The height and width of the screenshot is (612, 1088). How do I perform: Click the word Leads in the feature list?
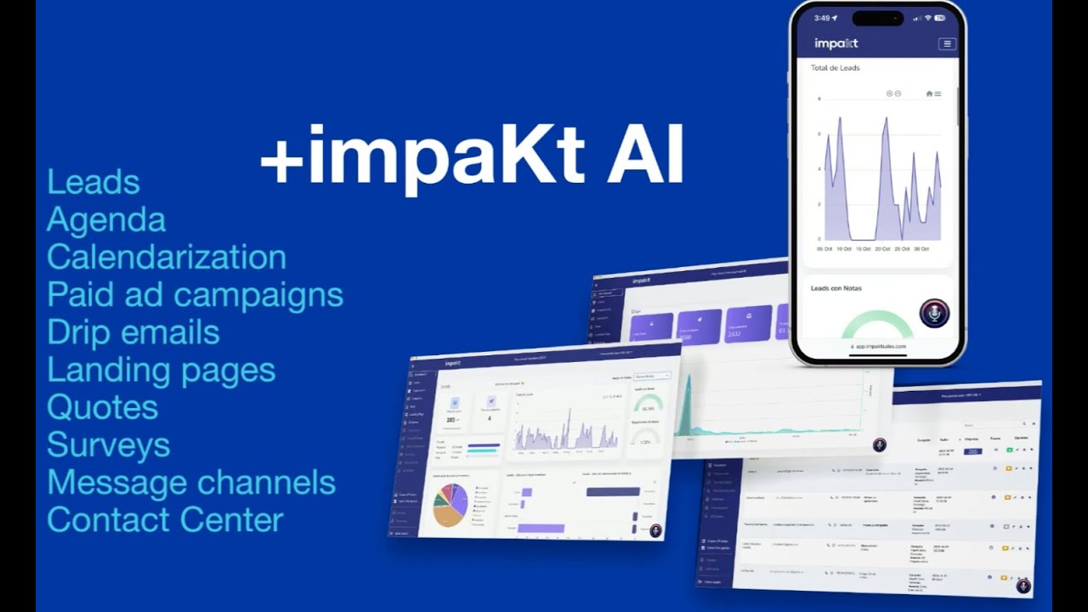[93, 183]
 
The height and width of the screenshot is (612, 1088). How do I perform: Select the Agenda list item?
[106, 220]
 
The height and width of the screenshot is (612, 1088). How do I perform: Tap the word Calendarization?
[167, 258]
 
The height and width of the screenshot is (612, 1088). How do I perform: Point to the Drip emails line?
[133, 332]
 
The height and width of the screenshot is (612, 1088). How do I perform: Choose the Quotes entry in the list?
[103, 407]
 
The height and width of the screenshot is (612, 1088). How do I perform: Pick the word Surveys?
[109, 445]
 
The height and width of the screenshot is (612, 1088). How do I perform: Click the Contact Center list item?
[165, 519]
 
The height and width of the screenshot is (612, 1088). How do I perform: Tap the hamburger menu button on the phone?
[946, 43]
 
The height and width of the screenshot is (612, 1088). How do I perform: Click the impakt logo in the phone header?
[836, 43]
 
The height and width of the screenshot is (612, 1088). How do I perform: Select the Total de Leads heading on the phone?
[835, 68]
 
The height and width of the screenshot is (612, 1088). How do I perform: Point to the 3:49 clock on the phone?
[821, 17]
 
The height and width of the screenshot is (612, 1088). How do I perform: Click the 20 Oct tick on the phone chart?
[882, 249]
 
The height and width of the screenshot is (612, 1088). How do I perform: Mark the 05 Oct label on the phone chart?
[824, 249]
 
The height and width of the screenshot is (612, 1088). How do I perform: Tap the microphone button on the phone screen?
[934, 314]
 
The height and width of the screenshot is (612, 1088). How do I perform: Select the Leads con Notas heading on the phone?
[836, 288]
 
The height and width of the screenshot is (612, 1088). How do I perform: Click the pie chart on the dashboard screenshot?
[450, 505]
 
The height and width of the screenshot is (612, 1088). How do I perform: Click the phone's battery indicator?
[940, 17]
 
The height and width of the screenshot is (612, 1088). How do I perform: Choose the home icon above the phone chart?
[929, 93]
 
